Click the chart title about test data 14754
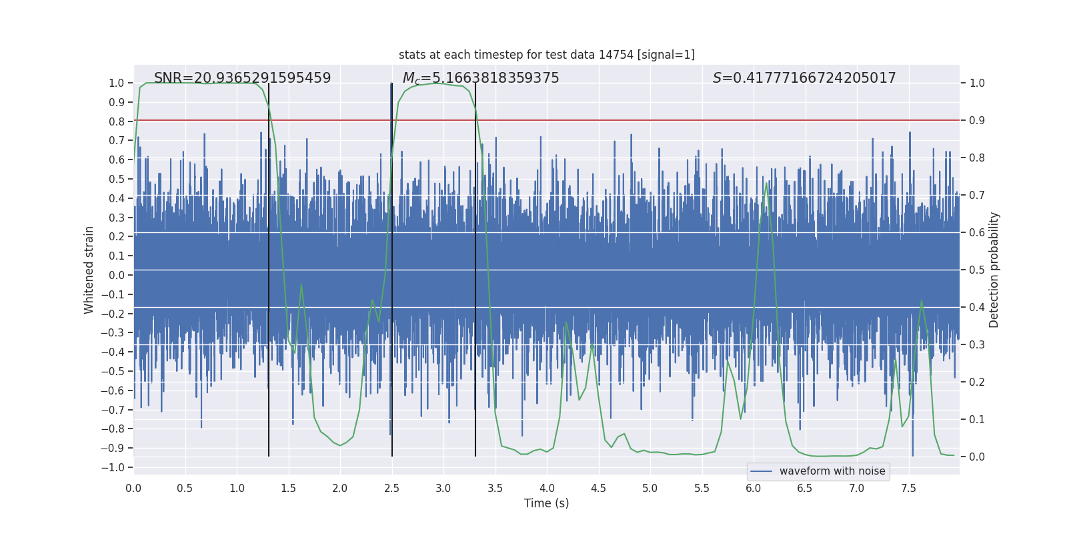click(x=546, y=55)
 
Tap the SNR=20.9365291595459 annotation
click(x=242, y=78)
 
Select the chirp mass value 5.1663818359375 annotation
click(x=480, y=78)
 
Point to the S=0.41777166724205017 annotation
click(x=804, y=78)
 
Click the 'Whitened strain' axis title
click(x=89, y=270)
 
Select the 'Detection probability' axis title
click(x=994, y=270)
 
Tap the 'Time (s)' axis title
click(x=546, y=503)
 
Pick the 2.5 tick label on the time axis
click(x=391, y=488)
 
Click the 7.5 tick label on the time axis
click(x=908, y=488)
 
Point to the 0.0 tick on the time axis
click(x=133, y=488)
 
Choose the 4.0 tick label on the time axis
click(x=547, y=488)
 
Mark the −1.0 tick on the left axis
click(x=113, y=467)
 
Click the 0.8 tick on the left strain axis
click(x=117, y=121)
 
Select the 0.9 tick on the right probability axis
click(x=977, y=121)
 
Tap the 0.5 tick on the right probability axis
click(x=977, y=270)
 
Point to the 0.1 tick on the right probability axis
click(x=977, y=420)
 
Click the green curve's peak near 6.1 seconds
click(x=766, y=184)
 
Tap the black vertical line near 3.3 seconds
click(x=475, y=267)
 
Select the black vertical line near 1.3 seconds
click(x=269, y=267)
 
